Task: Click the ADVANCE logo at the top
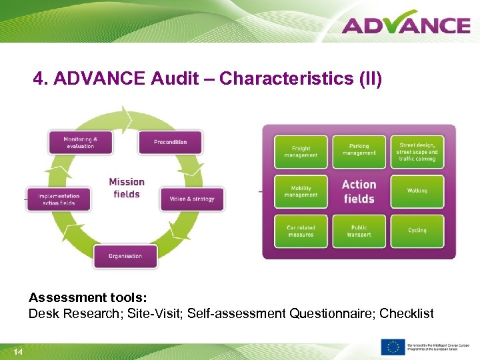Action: point(406,25)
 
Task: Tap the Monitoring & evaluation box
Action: point(80,143)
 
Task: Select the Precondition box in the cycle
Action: point(170,142)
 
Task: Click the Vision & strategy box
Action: point(192,199)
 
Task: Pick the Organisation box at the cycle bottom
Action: point(125,256)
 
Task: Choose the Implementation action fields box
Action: point(59,199)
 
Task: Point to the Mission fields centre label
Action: point(127,188)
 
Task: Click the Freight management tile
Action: point(301,152)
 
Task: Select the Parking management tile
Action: point(359,151)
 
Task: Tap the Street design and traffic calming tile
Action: point(417,151)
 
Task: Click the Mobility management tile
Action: point(301,191)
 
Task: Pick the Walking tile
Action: point(417,191)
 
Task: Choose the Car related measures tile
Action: point(301,231)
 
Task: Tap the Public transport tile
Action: point(359,231)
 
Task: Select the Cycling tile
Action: point(417,231)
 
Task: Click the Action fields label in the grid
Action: point(359,191)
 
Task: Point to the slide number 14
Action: point(18,351)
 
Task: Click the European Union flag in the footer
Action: point(393,347)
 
